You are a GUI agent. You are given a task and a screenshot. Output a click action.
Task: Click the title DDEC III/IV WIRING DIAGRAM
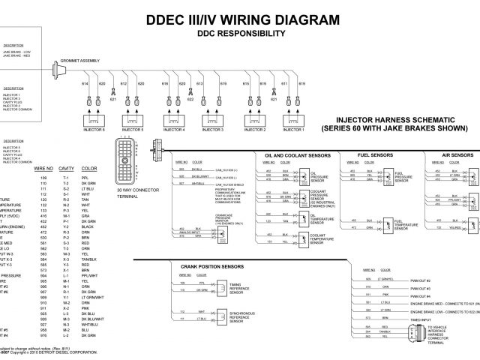tap(239, 19)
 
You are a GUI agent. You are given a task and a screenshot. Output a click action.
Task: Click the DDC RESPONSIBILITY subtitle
tap(240, 34)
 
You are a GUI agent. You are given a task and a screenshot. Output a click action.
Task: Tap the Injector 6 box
tap(94, 119)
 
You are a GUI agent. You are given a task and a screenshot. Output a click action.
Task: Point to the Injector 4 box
tap(174, 119)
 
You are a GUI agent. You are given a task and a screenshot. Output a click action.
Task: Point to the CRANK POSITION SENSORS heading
tap(211, 266)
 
